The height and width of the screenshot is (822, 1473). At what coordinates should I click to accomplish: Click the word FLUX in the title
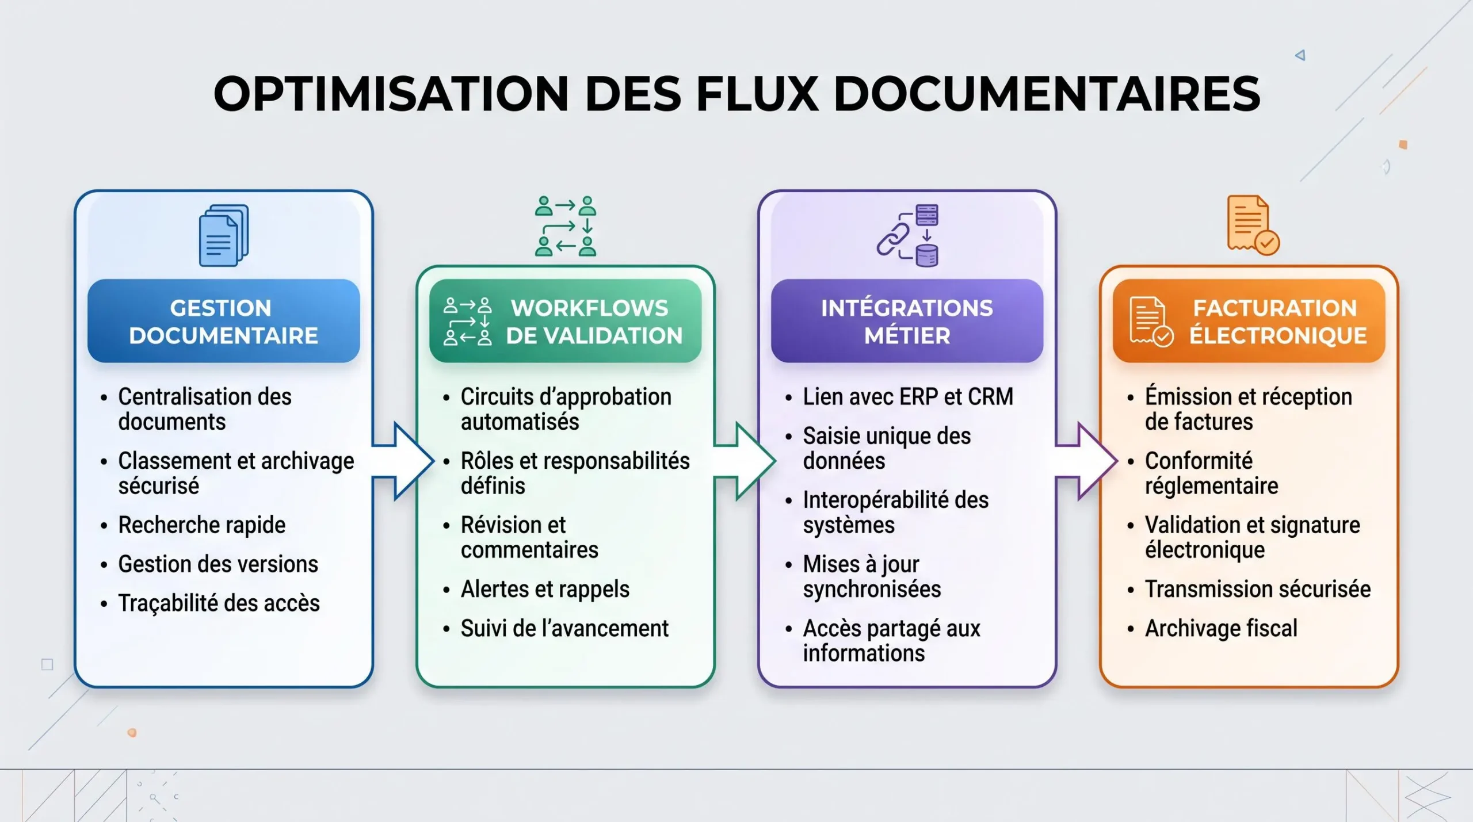(757, 93)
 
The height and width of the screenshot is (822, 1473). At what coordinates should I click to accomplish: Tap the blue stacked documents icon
(224, 235)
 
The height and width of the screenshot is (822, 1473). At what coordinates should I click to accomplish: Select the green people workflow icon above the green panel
(566, 226)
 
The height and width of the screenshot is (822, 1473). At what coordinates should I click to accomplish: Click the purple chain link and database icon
(907, 235)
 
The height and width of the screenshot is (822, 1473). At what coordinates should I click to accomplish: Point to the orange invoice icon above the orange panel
(1253, 225)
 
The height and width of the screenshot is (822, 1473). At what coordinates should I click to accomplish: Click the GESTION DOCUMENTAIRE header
(224, 321)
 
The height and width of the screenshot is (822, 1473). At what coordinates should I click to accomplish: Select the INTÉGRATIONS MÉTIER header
(907, 321)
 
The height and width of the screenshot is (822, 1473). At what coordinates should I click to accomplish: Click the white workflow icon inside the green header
(467, 322)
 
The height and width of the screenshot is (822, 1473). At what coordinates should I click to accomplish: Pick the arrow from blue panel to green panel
(403, 461)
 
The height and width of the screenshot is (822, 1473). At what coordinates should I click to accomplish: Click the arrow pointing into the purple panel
(745, 461)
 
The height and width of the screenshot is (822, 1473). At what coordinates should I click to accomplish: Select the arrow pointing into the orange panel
(1087, 461)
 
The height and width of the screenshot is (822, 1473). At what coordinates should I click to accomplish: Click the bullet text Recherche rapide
(201, 525)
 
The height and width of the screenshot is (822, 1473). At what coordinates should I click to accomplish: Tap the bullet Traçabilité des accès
(219, 603)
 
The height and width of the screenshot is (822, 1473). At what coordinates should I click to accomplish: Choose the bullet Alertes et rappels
(545, 590)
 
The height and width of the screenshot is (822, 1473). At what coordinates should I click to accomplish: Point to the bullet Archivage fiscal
(1221, 628)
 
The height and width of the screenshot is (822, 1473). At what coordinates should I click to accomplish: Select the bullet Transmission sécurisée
(1258, 589)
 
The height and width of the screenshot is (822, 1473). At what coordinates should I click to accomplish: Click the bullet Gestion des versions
(218, 564)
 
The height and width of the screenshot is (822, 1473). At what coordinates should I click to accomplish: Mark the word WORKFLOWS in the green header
(590, 308)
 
